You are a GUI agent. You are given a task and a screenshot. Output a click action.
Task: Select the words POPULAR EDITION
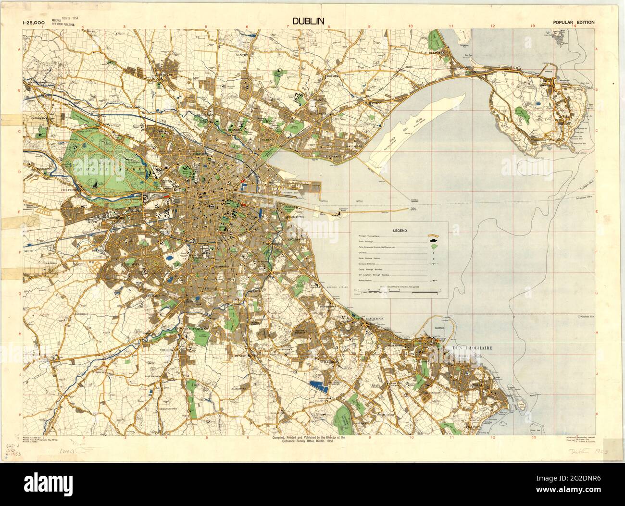coord(574,22)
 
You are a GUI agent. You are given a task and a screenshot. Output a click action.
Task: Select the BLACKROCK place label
coord(376,319)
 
